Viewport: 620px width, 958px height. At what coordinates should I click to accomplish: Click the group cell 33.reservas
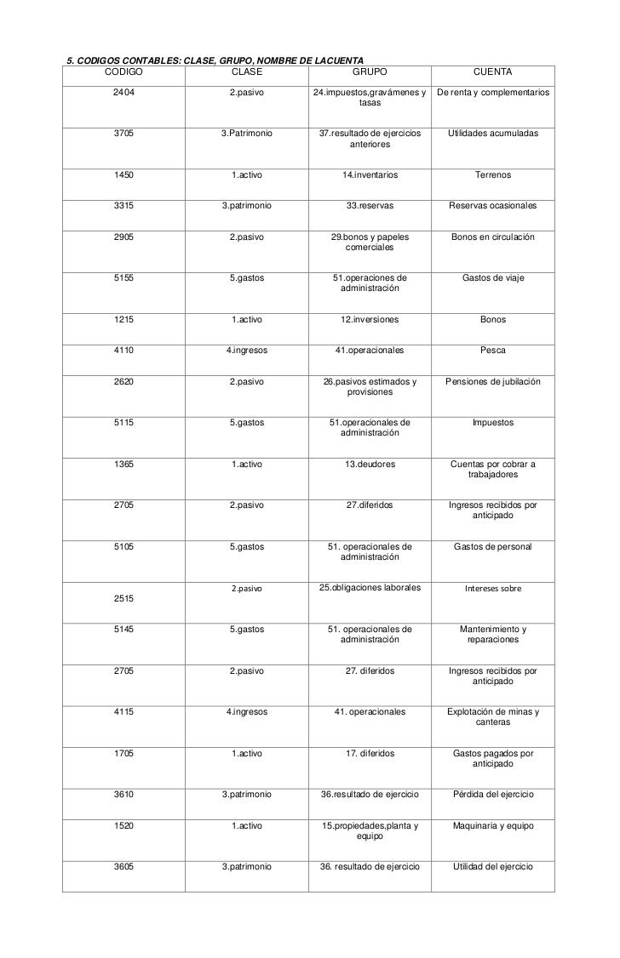(x=370, y=206)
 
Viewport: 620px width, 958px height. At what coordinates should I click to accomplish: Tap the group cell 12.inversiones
(x=370, y=320)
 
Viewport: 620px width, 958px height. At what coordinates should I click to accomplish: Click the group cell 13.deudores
(x=370, y=464)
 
